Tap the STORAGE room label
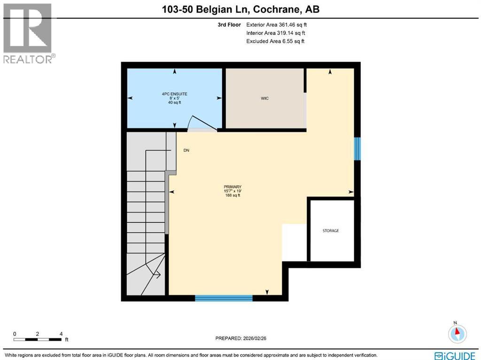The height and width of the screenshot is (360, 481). click(331, 231)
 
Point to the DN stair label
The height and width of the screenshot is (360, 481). click(186, 150)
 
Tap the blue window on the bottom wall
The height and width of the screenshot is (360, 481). click(224, 297)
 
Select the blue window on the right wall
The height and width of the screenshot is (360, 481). click(357, 149)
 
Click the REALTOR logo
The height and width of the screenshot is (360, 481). click(28, 33)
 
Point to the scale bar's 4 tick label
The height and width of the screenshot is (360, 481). click(61, 334)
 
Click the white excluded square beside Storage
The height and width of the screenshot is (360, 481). click(294, 242)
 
